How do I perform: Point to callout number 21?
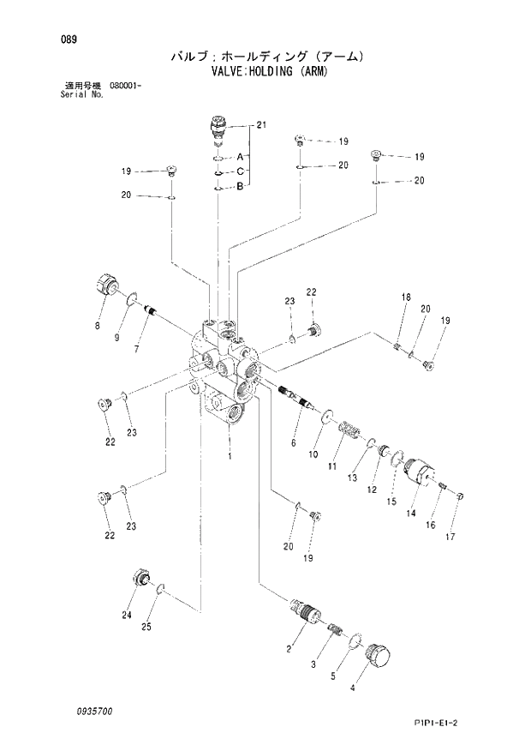coord(261,126)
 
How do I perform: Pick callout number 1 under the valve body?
coord(230,456)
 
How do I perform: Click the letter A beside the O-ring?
coord(241,158)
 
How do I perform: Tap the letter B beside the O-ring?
coord(241,186)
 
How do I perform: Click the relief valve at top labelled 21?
coord(219,130)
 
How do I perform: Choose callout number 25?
coord(146,628)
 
